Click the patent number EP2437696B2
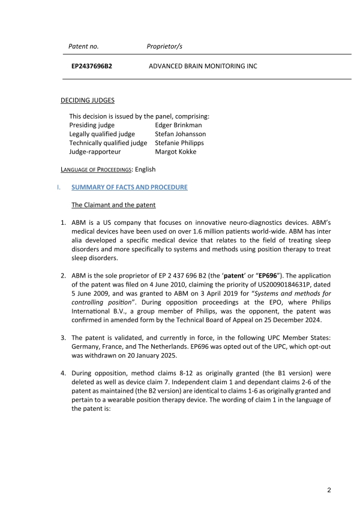91,66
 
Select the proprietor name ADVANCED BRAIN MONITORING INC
203,66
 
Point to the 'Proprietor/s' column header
164,46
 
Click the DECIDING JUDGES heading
88,100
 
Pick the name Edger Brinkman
178,125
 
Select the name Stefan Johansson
180,134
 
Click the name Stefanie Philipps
179,143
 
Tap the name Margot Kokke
175,152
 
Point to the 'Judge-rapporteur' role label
95,152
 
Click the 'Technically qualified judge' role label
108,143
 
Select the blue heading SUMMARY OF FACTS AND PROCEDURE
130,188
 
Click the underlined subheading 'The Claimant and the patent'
113,205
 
